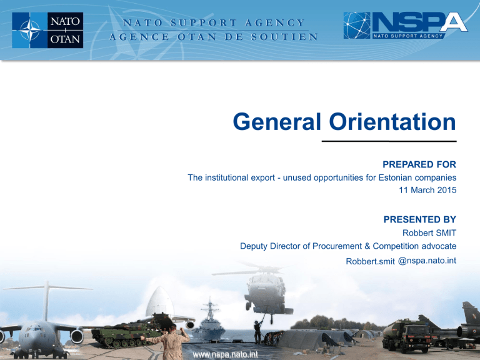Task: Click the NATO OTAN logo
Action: (47, 30)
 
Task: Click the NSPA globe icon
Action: (357, 25)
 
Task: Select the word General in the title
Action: (277, 122)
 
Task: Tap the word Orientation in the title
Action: (392, 122)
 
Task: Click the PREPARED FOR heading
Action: (419, 164)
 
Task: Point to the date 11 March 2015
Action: (427, 190)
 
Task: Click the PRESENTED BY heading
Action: (420, 219)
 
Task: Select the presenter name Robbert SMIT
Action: (429, 233)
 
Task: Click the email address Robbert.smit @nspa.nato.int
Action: (401, 261)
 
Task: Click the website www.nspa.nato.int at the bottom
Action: (225, 354)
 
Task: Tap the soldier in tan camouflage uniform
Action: (171, 342)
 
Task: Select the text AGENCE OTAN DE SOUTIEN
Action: (213, 37)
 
